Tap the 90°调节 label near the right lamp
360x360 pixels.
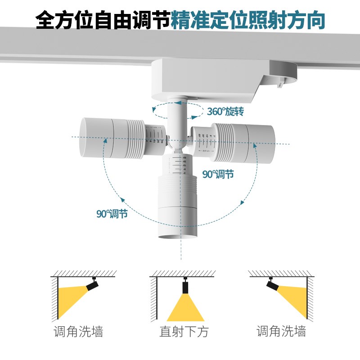218,174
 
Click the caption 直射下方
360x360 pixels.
184,333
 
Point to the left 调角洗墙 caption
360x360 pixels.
78,332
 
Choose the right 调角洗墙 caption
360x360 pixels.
281,332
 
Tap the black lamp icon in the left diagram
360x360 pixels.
92,284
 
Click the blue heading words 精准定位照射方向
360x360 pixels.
248,20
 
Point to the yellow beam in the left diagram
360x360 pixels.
72,299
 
